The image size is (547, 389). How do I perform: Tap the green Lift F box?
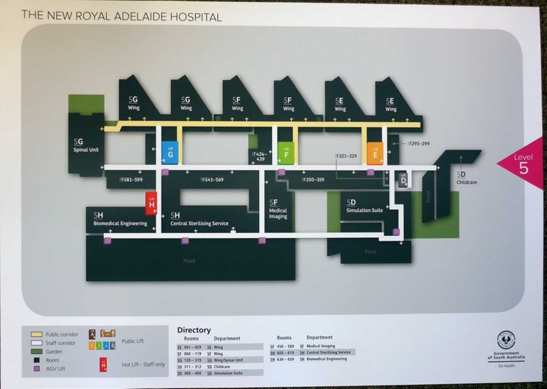tap(286, 152)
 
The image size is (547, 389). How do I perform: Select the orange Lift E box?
tap(373, 152)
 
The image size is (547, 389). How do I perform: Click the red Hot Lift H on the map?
tap(152, 201)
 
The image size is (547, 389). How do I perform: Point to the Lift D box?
tap(403, 180)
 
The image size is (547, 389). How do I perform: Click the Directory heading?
tap(194, 330)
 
